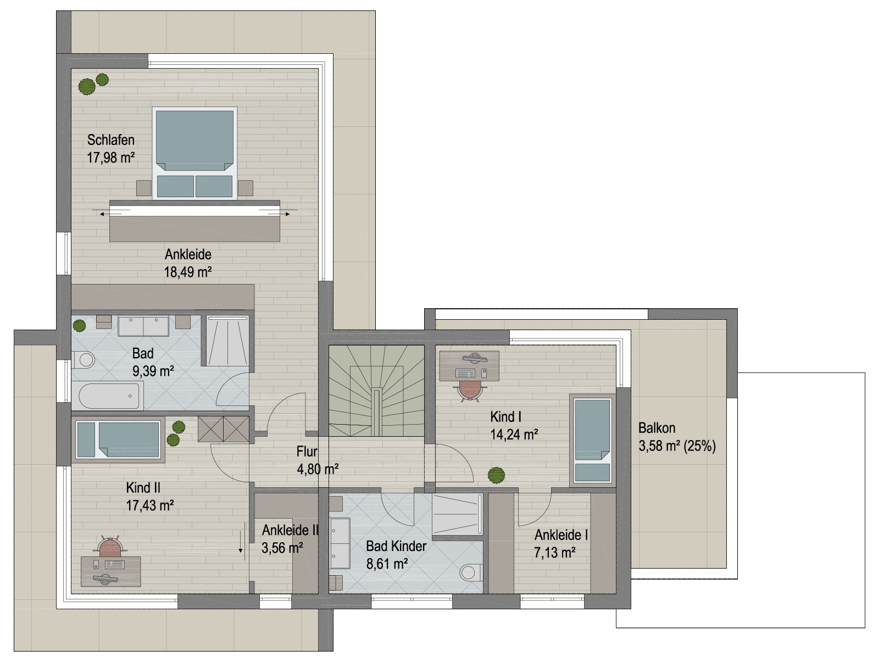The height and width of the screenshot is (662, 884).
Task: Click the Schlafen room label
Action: coord(111,140)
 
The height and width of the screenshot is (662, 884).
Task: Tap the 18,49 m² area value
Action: coord(188,272)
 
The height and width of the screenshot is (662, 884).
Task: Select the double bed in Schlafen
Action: coord(194,153)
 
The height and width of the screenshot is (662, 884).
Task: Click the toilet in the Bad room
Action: coord(84,359)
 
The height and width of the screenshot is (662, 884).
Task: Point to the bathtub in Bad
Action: coord(108,396)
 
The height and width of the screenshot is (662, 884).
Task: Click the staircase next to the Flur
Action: coord(376,391)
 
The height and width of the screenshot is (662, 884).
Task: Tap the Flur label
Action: coord(307,452)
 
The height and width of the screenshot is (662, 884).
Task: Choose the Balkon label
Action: coord(657,427)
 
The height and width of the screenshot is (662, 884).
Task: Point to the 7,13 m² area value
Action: coord(554,553)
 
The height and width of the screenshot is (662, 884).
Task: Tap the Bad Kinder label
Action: coord(396,546)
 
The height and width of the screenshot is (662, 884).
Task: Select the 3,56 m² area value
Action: coord(282,548)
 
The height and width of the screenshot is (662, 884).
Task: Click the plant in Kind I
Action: coord(496,475)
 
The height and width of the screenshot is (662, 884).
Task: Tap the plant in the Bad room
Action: coord(79,325)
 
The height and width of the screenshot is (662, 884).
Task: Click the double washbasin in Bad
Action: coord(143,326)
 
